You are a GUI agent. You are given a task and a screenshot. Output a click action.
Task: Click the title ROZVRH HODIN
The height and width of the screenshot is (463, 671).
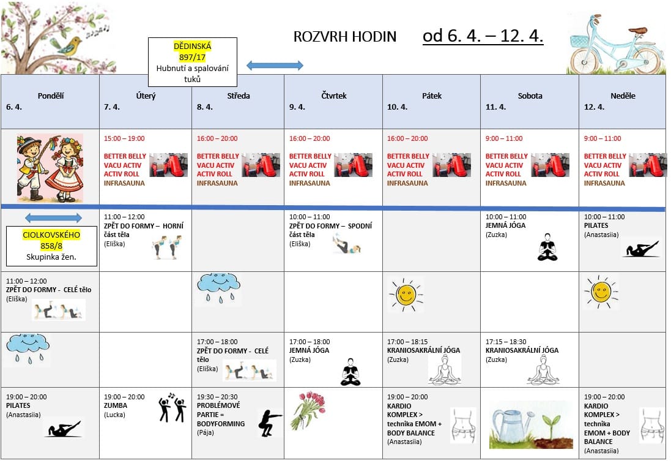(x=344, y=37)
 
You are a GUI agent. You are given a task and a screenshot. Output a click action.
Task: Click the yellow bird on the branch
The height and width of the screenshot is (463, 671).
(x=70, y=45)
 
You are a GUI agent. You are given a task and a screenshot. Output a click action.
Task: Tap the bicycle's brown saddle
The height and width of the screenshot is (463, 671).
(x=637, y=30)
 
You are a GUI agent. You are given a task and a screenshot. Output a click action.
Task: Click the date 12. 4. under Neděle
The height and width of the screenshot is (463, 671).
(x=594, y=107)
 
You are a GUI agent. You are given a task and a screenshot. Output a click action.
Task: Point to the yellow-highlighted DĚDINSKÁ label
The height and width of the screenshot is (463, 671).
(x=192, y=46)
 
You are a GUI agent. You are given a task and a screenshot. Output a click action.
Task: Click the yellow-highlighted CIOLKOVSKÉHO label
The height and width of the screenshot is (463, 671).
(x=51, y=235)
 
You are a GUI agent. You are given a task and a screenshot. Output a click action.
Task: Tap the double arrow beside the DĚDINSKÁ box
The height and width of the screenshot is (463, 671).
(x=275, y=66)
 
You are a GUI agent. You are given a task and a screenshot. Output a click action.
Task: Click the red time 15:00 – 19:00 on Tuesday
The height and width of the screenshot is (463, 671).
(x=124, y=138)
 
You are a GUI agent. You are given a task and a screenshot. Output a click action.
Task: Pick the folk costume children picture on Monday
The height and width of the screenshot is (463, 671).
(x=50, y=168)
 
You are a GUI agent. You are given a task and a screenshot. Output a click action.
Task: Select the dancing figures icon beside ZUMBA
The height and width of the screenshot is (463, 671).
(x=172, y=407)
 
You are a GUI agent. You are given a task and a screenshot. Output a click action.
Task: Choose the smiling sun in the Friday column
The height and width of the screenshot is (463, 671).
(x=405, y=295)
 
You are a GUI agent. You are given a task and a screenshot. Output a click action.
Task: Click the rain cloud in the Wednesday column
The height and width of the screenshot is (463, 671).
(x=218, y=287)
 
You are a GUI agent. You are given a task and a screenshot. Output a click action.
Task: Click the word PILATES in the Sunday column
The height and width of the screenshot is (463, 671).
(x=596, y=225)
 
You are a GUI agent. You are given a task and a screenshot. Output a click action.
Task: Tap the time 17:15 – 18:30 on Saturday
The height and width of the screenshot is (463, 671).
(x=505, y=342)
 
